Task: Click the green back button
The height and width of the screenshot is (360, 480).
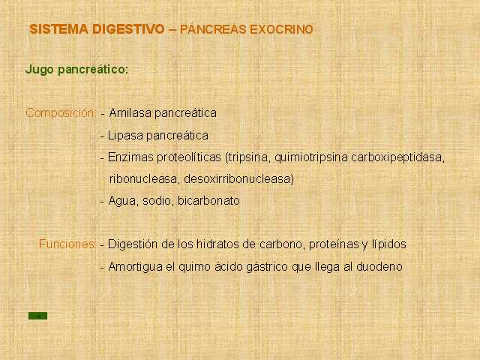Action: pyautogui.click(x=38, y=316)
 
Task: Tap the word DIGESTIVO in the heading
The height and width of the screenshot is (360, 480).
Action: pyautogui.click(x=128, y=29)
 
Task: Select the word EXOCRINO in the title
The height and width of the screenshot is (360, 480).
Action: pyautogui.click(x=282, y=30)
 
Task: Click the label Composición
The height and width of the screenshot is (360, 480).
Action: pyautogui.click(x=61, y=113)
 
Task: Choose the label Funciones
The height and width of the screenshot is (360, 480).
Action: pyautogui.click(x=67, y=244)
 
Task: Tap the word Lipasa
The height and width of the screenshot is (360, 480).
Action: pyautogui.click(x=125, y=136)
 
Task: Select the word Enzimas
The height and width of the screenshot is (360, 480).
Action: pyautogui.click(x=130, y=157)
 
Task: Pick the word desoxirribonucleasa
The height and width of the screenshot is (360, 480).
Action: pyautogui.click(x=238, y=179)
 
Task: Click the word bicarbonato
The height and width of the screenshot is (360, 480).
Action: pyautogui.click(x=208, y=201)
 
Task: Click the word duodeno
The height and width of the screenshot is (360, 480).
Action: pyautogui.click(x=379, y=267)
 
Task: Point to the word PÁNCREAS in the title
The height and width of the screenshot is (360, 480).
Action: pyautogui.click(x=213, y=30)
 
